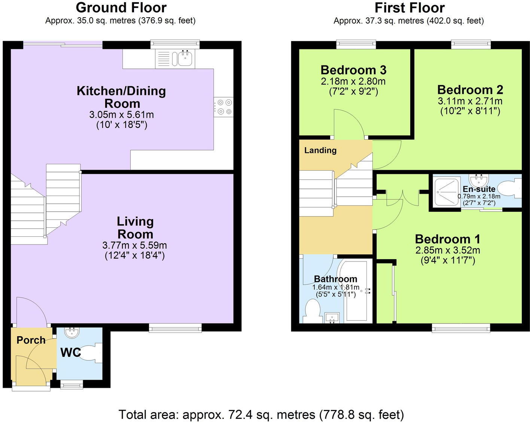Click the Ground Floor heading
coord(121,7)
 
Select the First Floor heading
coord(409,7)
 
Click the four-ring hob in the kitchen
coord(223,107)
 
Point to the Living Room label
coord(135,228)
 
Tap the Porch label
coord(31,340)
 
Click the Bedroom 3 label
coord(353,70)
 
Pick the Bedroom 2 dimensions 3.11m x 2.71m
coord(470,101)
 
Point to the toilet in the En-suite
coord(511,189)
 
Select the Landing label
coord(320,150)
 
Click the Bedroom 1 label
coord(448,239)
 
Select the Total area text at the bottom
coord(261,414)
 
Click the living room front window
coord(175,328)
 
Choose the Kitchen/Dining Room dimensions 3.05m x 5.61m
coord(121,115)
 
